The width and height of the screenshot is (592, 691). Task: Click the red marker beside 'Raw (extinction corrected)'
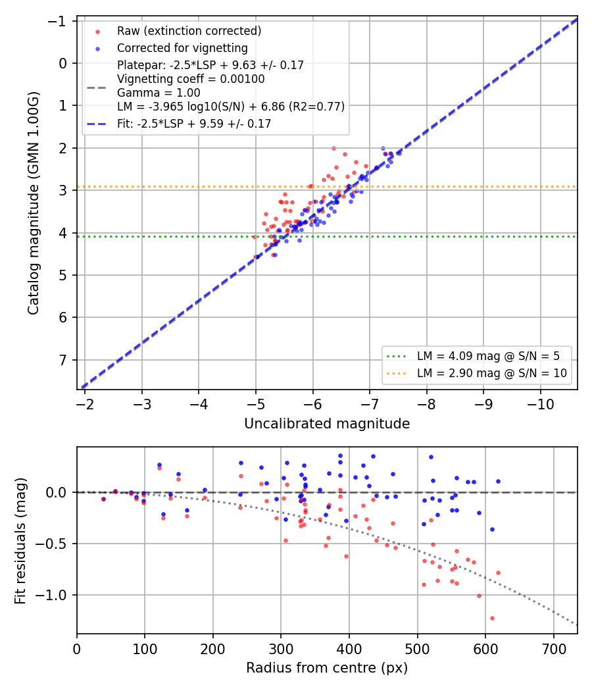tap(98, 32)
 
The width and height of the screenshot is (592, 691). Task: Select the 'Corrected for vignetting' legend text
tap(182, 48)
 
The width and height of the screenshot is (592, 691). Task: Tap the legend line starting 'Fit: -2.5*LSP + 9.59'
tap(194, 124)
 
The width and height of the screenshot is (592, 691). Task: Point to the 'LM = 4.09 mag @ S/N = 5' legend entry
tap(488, 356)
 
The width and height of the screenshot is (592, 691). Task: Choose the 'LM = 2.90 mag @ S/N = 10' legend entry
tap(491, 373)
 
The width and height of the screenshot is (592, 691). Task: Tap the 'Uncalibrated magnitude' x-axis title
tap(327, 424)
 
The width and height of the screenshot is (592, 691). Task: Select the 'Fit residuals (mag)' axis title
tap(20, 541)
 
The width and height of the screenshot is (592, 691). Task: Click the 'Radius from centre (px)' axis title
tap(327, 668)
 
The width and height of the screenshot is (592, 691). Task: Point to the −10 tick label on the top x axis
tap(541, 404)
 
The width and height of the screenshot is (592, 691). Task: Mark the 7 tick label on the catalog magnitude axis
tap(63, 360)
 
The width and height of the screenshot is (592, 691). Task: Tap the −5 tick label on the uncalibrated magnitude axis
tap(255, 404)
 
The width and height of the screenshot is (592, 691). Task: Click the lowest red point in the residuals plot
tap(492, 619)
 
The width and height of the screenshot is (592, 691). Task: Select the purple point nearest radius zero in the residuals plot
tap(103, 499)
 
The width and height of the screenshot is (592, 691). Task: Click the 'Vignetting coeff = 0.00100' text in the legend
tap(191, 80)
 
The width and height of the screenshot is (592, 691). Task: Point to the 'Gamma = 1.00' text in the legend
tap(159, 93)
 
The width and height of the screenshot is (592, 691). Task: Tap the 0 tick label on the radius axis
tap(77, 649)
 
